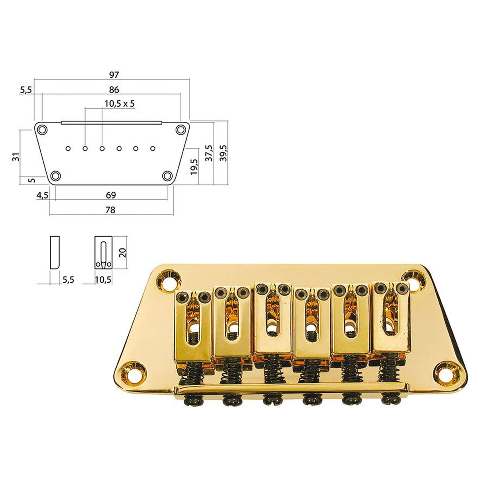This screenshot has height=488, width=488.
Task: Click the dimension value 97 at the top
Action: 114,75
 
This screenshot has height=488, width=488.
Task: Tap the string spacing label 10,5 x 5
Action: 119,104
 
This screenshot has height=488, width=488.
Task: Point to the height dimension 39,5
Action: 223,153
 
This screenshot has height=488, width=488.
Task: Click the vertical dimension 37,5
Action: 208,153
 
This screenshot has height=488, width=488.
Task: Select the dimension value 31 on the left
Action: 15,157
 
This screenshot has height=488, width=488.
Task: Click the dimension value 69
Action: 111,195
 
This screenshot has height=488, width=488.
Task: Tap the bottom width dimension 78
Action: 110,210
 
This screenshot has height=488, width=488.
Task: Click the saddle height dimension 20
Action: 123,252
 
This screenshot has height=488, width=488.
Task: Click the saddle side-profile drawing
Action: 55,252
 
